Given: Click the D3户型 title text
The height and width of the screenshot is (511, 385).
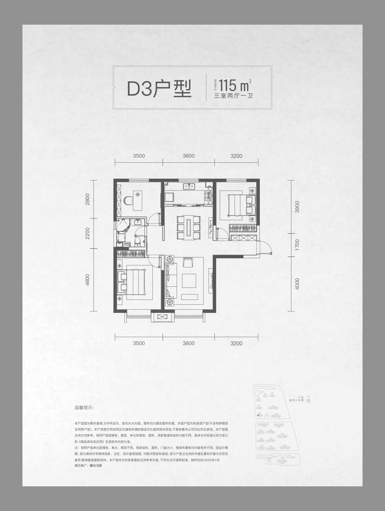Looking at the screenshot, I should (x=159, y=88).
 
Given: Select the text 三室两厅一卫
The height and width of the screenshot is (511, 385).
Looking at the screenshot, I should (x=233, y=96).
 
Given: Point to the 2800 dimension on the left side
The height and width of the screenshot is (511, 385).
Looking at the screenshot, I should (x=87, y=199).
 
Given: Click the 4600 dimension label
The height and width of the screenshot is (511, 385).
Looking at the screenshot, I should (x=87, y=280).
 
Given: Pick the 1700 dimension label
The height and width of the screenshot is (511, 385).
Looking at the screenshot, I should (x=297, y=245).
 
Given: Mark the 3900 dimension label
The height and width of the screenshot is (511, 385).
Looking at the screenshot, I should (x=297, y=207).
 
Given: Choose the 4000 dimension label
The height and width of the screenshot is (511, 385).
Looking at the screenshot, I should (x=297, y=284).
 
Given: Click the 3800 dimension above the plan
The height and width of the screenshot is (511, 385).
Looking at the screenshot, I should (x=188, y=156).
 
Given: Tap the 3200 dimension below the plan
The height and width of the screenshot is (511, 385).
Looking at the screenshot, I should (x=236, y=343).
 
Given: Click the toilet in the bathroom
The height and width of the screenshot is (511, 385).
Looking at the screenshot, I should (x=138, y=241).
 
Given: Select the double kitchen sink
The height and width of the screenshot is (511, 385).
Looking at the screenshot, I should (x=189, y=186).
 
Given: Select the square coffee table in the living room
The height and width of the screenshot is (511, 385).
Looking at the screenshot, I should (x=189, y=280).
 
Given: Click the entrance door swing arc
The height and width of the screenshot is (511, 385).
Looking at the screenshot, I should (x=266, y=247).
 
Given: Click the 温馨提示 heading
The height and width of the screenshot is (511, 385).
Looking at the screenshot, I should (x=84, y=408).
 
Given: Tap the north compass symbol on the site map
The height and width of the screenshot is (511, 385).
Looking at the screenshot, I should (x=309, y=400).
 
